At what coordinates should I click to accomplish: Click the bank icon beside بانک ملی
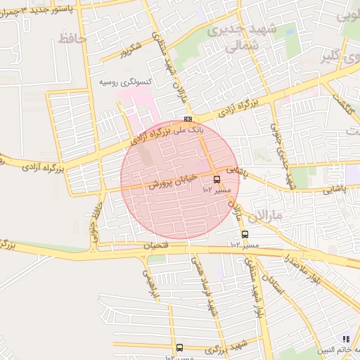point(188,120)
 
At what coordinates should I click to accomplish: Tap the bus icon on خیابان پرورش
point(216,179)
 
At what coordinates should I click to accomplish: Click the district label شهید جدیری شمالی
point(234,37)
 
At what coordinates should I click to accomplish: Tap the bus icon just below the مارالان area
point(245,234)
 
